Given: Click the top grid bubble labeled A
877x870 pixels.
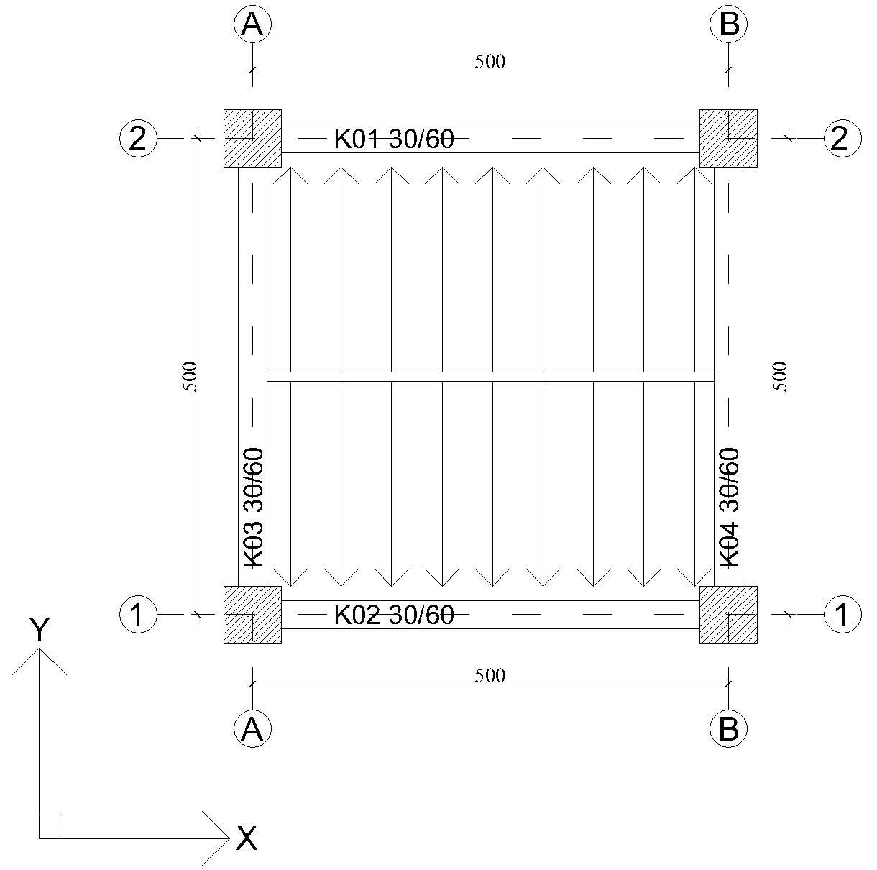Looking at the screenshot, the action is point(252,24).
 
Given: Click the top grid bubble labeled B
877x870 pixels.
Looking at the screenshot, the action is point(729,24).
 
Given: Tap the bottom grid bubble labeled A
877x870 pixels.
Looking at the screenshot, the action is point(252,728).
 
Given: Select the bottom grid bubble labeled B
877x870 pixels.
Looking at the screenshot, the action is point(729,728).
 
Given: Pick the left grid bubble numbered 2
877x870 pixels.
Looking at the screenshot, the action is point(138,138).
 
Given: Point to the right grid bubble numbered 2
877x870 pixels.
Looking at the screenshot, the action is point(843,138).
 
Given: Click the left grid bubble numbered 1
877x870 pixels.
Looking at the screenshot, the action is point(138,615).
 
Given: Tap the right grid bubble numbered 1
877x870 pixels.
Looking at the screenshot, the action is point(843,615).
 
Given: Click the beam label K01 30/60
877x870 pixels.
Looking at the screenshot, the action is point(394,139).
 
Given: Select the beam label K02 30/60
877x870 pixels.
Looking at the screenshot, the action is point(394,615).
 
